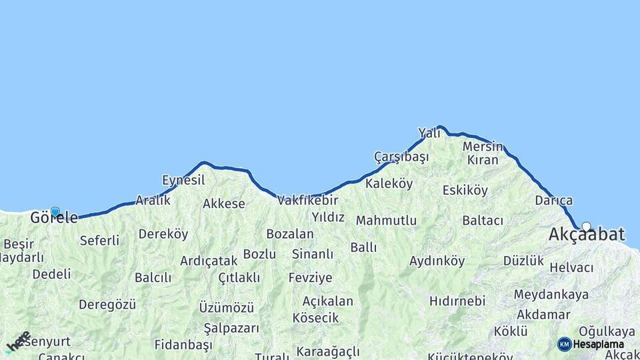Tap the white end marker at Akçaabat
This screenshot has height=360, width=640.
586,226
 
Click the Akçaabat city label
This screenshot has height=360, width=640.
587,235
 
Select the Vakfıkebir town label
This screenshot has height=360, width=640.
308,200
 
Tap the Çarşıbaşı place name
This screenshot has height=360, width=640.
401,157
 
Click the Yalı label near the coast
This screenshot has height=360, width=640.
429,133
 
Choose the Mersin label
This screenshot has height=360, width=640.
483,146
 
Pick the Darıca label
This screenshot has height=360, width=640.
553,201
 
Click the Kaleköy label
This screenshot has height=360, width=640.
389,184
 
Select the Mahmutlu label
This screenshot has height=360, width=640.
386,221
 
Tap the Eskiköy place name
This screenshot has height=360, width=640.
465,191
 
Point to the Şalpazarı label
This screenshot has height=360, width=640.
231,328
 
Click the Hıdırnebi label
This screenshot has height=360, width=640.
457,301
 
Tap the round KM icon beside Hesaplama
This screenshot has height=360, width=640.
564,344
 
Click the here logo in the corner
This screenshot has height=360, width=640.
18,341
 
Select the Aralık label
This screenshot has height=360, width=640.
153,200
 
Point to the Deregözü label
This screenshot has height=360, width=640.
107,305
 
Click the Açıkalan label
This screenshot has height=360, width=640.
327,301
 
